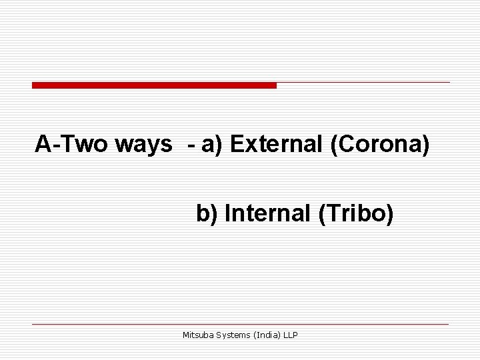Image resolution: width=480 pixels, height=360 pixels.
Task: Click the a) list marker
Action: [x=213, y=144]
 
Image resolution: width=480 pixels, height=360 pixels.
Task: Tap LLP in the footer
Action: [x=291, y=335]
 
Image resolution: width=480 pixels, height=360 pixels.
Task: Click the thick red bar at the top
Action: [x=154, y=85]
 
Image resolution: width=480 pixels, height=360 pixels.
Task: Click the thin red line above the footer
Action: [x=240, y=324]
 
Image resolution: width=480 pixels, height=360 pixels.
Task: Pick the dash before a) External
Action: [x=192, y=145]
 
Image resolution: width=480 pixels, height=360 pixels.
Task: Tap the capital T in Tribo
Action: [x=328, y=214]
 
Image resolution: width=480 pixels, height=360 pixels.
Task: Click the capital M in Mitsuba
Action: [x=186, y=335]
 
